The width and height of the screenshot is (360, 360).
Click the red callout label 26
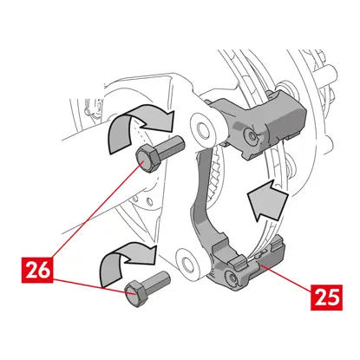click(37, 270)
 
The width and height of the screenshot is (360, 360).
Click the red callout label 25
click(327, 298)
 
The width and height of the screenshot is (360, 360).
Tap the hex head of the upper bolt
click(147, 159)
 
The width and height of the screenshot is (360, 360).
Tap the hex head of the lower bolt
click(135, 293)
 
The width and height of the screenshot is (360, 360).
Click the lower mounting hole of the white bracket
click(188, 263)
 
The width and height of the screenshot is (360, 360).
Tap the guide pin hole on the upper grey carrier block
click(251, 134)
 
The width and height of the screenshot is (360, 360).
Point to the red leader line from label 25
click(286, 277)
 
